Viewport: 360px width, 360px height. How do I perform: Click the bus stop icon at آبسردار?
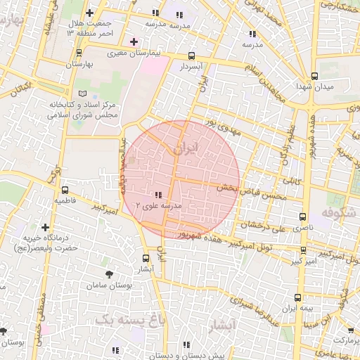pos(192,56)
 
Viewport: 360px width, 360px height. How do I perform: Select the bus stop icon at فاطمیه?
pos(65,190)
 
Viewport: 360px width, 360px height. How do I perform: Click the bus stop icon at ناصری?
pos(303,217)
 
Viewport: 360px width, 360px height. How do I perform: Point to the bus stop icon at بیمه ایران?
pos(297,297)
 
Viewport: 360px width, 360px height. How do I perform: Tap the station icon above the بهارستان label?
pos(79,53)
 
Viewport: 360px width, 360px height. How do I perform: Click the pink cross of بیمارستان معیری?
pos(134,42)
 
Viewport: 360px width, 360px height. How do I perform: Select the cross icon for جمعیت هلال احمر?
pos(89,13)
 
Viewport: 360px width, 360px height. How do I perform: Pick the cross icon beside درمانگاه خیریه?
pos(46,227)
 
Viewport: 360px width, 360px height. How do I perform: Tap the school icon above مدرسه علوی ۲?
pos(158,195)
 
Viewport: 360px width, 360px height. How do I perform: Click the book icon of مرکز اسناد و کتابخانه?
pos(84,94)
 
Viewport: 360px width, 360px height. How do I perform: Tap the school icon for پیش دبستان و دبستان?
pos(186,345)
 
